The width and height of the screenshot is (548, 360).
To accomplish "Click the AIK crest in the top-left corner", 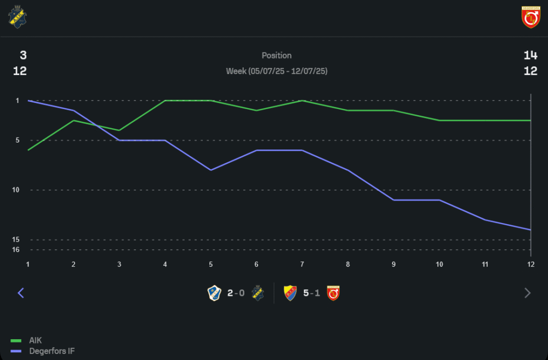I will (x=18, y=17).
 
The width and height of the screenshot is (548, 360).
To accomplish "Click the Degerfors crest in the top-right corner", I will (x=530, y=17).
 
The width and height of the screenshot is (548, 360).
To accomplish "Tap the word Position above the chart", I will (x=277, y=55).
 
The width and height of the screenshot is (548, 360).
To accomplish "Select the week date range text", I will (x=277, y=71).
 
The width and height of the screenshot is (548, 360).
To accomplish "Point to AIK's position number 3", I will (x=23, y=55).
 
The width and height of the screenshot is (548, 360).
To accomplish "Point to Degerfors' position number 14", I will (x=530, y=55).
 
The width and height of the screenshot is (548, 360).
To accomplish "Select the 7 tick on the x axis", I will (x=302, y=264).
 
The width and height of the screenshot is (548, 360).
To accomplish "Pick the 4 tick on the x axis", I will (x=165, y=264).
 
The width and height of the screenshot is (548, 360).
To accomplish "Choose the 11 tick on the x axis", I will (x=485, y=264).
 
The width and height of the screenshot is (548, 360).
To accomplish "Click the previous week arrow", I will (x=21, y=293).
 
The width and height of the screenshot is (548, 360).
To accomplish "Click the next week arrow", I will (x=528, y=293).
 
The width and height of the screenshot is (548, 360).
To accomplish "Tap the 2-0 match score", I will (x=236, y=293).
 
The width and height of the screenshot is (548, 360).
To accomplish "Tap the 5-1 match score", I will (x=312, y=293).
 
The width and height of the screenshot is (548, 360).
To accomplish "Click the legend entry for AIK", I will (x=35, y=340).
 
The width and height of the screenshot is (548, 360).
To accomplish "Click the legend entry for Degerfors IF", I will (x=52, y=351).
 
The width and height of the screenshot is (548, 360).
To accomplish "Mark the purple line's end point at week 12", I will (x=530, y=230).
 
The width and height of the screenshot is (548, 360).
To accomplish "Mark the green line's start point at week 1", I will (x=28, y=150).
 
